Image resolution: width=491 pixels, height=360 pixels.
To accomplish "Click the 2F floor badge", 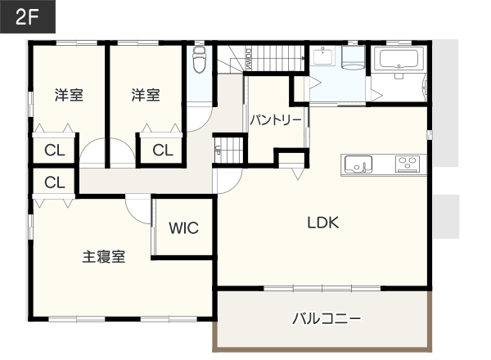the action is pos(28,16).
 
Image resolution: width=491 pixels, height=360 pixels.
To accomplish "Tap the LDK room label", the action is pos(323,223).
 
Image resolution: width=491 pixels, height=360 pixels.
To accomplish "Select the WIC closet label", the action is pos(184,228).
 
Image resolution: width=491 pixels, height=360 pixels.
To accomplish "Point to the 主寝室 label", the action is pos(104,257).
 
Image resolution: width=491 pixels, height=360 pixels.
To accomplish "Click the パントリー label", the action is pos(276,120).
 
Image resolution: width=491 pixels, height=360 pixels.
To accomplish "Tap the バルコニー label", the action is pos(327,318).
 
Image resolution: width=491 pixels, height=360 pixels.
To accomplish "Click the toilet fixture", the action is pos(199,60).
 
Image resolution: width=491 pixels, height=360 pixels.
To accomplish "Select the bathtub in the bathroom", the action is pos(399,58).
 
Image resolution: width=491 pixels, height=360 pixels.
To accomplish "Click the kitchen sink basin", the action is pos(358,164).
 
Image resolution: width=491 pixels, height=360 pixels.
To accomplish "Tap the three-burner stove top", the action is pos(407,164).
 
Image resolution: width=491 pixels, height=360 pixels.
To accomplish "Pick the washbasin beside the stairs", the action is pos(322,56).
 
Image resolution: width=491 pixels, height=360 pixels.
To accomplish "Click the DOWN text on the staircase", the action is pos(249,59).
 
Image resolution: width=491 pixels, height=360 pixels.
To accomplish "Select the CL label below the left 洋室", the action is pos(55,151).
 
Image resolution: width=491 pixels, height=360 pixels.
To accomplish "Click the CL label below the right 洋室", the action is pos(163,151).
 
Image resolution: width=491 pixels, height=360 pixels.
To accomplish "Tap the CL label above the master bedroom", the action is pos(55,182).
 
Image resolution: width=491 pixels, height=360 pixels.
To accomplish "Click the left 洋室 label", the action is pos(69,95).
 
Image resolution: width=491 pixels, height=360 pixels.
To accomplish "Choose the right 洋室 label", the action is pos(146,95).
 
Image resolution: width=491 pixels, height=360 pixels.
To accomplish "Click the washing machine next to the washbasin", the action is pos(354,57).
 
